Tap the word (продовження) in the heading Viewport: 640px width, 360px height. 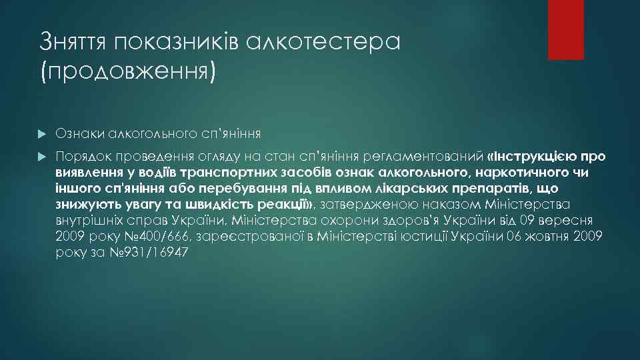129,71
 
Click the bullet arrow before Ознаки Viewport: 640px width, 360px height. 43,133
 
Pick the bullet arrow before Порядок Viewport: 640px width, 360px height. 43,157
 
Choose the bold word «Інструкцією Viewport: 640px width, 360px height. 535,157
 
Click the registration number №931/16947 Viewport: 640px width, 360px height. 152,253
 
